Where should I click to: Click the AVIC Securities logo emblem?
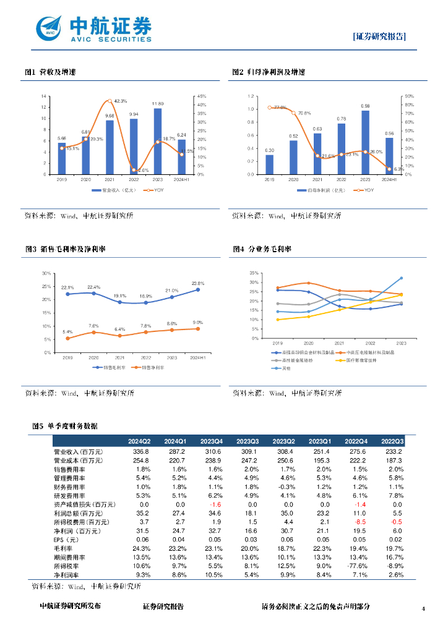(50, 28)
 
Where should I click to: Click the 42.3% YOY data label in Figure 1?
(121, 101)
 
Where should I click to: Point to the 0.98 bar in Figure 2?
(365, 142)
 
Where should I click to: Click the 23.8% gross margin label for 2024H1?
(198, 283)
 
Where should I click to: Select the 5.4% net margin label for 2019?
(67, 333)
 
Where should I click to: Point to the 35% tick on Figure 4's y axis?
(254, 273)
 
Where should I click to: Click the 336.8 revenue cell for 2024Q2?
(139, 452)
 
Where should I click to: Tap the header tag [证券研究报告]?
(379, 36)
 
